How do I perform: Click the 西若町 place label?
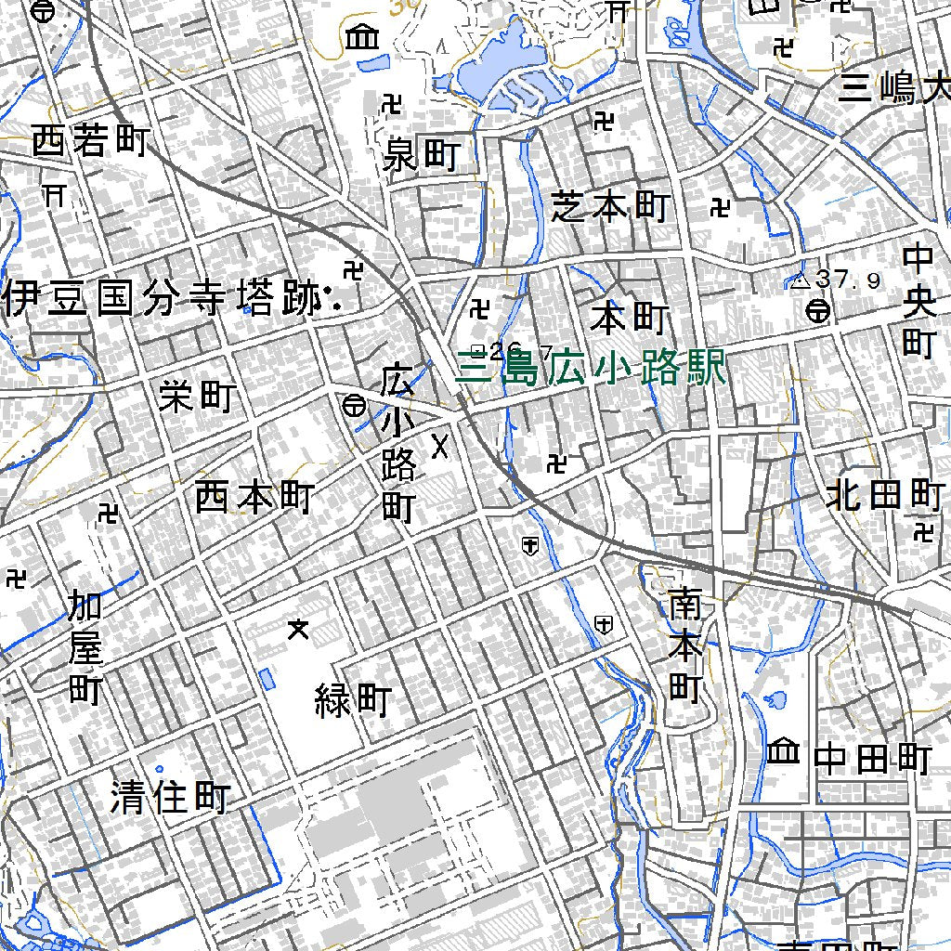click(90, 142)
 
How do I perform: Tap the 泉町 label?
click(422, 156)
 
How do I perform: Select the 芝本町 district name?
click(609, 207)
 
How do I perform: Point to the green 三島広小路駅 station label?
click(591, 371)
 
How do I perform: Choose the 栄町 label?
click(196, 397)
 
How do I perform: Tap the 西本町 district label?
click(254, 499)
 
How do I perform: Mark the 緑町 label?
click(353, 700)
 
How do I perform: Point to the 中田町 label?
click(872, 760)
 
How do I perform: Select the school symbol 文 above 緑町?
click(298, 630)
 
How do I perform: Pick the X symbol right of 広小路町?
click(440, 448)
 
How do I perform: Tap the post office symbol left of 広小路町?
click(353, 406)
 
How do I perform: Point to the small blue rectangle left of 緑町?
click(267, 679)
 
